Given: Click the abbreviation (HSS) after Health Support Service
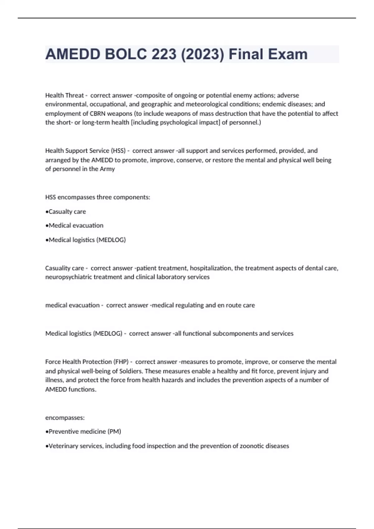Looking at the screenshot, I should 118,151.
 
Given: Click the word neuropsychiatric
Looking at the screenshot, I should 68,277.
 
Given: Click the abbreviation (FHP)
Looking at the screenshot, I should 121,362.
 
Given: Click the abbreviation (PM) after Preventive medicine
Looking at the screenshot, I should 114,432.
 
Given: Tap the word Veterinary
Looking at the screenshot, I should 63,446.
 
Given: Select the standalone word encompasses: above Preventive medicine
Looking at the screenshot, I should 65,418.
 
